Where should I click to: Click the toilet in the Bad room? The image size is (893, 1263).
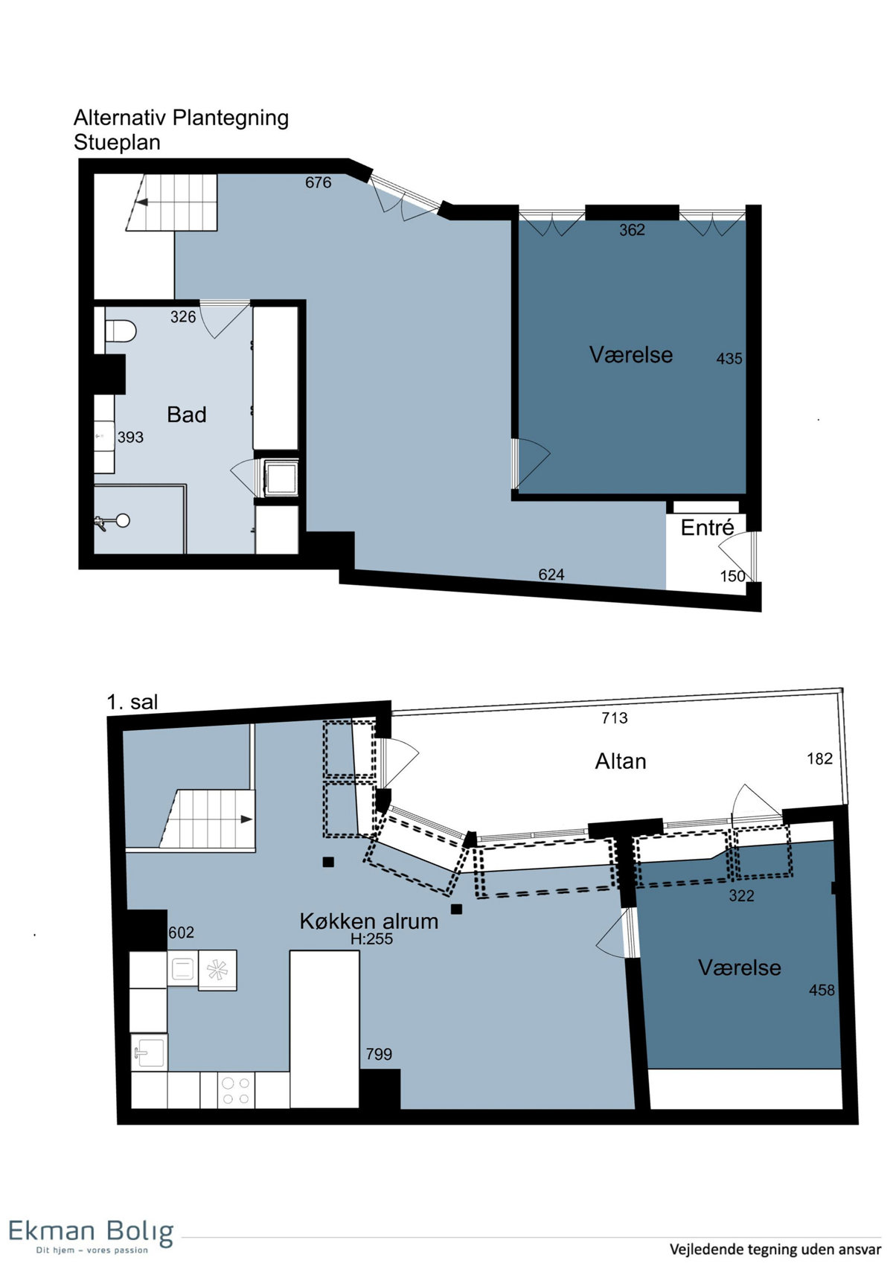tap(120, 331)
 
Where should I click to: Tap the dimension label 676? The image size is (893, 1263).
tap(318, 182)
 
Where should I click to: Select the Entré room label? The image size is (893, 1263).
tap(707, 528)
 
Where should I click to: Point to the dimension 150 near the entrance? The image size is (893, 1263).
tap(732, 575)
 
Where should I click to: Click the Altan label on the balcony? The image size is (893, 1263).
tap(620, 762)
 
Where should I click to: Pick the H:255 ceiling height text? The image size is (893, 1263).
tap(371, 939)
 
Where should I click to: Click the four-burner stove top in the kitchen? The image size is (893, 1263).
tap(236, 1090)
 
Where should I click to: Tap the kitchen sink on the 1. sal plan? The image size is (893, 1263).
tap(149, 1050)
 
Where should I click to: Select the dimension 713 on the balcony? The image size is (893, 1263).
tap(615, 717)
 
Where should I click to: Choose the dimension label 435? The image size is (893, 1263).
tap(729, 359)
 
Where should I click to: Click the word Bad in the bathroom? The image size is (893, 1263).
tap(187, 415)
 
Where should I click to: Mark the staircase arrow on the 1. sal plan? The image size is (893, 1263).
tap(246, 819)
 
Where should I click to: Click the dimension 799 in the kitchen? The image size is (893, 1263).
tap(378, 1054)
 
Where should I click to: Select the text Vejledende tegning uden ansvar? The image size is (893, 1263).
tap(775, 1248)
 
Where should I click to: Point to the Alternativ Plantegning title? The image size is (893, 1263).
tap(181, 118)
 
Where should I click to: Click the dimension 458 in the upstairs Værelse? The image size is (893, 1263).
tap(822, 990)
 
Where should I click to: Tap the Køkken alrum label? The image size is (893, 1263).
tap(368, 921)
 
